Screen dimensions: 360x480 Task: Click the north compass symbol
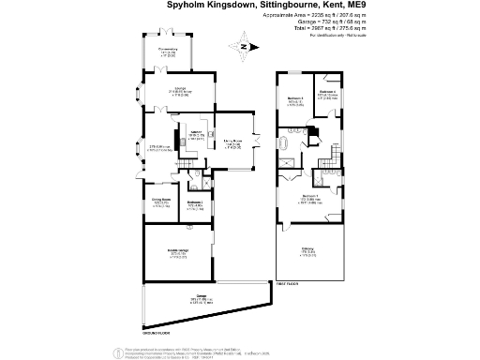coord(242,45)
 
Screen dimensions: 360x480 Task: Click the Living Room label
coord(233,143)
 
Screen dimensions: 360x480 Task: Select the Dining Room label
coord(160,200)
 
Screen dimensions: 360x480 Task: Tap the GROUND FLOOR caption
coord(156,332)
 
